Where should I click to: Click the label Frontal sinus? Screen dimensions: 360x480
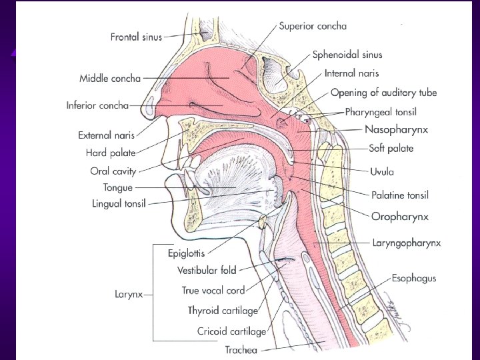[x=136, y=37]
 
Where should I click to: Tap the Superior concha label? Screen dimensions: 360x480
[x=313, y=26]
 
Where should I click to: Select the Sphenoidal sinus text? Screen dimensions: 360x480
[x=347, y=55]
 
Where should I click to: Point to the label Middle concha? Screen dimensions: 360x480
[x=110, y=79]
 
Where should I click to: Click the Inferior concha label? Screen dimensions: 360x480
[x=97, y=105]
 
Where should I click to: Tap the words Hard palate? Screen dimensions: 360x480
[x=111, y=153]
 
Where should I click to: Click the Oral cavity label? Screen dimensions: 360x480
[x=113, y=171]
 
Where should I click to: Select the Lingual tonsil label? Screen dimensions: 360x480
[x=119, y=203]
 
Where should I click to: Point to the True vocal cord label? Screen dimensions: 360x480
[x=213, y=291]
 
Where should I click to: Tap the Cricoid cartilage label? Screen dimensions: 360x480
[x=231, y=331]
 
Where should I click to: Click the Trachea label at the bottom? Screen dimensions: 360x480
[x=241, y=349]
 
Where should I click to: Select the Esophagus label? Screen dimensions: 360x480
[x=413, y=278]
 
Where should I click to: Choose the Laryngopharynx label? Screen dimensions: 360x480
[x=406, y=243]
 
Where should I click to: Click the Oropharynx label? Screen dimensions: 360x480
[x=399, y=217]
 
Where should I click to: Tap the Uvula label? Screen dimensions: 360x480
[x=382, y=171]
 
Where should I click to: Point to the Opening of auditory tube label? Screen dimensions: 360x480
[x=383, y=93]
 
